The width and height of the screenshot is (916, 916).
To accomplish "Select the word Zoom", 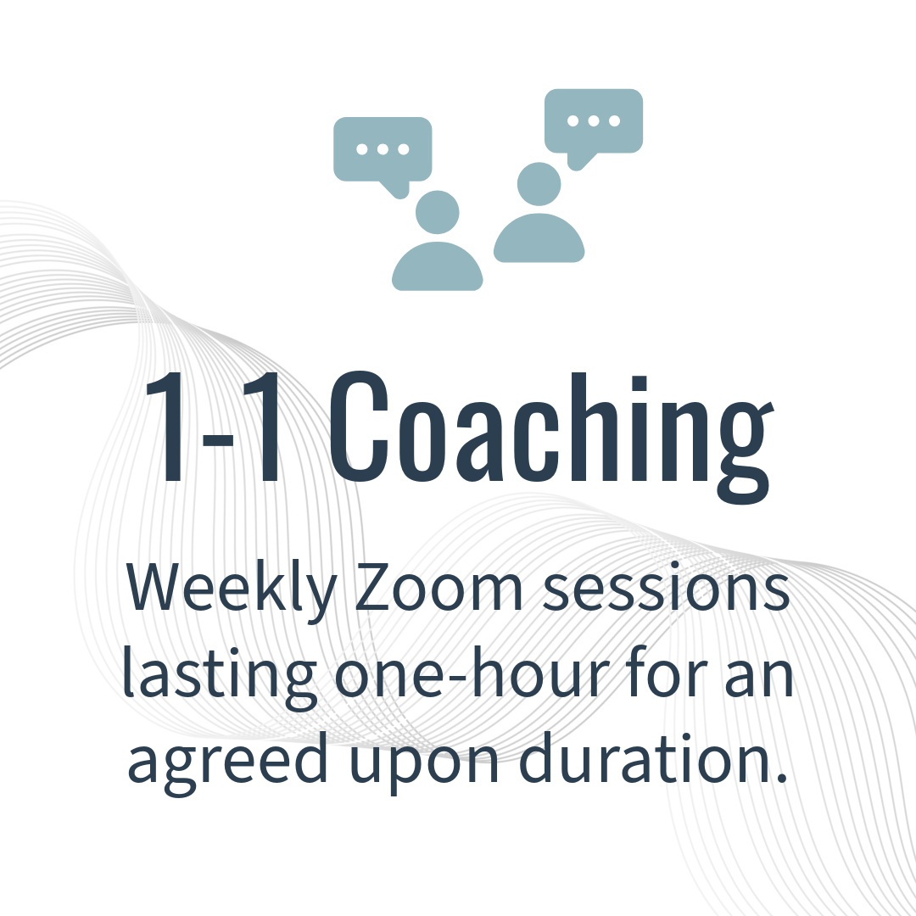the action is click(x=438, y=587).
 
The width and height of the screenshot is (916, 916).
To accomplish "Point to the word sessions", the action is click(x=666, y=587).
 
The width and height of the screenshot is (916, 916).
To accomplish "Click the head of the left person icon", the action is click(x=438, y=212).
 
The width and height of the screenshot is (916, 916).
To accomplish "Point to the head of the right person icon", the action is click(x=539, y=184).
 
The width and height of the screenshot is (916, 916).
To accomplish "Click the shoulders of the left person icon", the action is click(x=438, y=266).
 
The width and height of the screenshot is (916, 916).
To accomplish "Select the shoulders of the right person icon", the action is click(x=539, y=238).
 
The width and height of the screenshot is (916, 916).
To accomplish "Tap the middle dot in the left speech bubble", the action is click(x=383, y=149).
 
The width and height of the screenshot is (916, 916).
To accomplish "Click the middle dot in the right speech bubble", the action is click(x=594, y=121).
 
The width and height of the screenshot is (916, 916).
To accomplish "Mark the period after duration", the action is click(x=783, y=778).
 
